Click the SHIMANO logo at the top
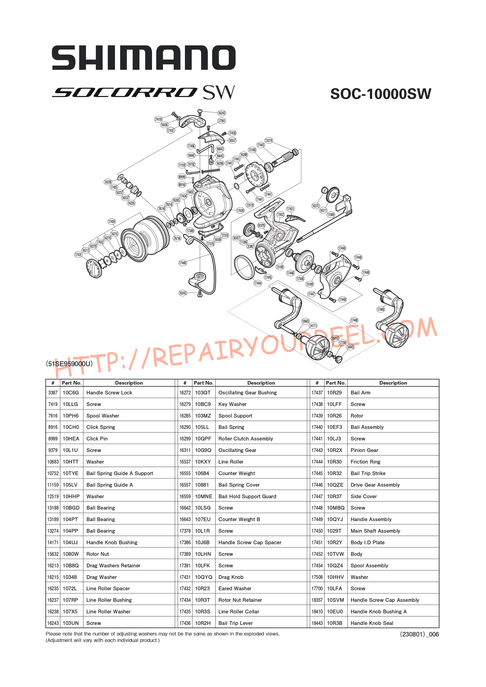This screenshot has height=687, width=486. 144,58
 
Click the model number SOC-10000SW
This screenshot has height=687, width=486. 381,94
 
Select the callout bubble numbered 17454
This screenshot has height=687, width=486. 112,221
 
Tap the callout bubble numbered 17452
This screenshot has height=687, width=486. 280,214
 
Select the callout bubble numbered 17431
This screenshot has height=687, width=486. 78,255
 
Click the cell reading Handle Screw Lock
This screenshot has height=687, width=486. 109,393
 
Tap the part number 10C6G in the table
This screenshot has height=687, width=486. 71,393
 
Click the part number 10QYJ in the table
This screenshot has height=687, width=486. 335,519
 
